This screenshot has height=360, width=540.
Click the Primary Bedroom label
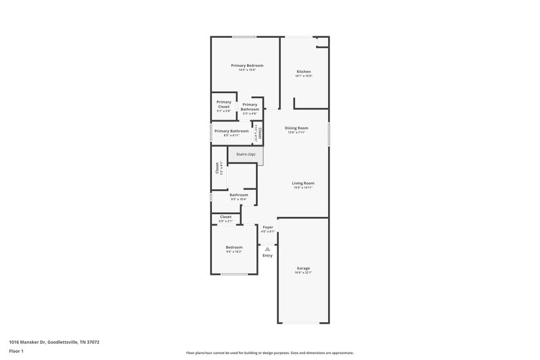pyautogui.click(x=246, y=66)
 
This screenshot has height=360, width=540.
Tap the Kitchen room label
pyautogui.click(x=304, y=72)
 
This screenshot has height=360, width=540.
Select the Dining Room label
pyautogui.click(x=296, y=128)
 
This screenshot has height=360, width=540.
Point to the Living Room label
pyautogui.click(x=303, y=183)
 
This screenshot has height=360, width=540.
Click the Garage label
pyautogui.click(x=303, y=268)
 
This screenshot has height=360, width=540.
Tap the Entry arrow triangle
pyautogui.click(x=267, y=249)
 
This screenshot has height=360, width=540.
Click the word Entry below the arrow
pyautogui.click(x=267, y=255)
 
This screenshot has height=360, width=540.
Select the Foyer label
pyautogui.click(x=268, y=228)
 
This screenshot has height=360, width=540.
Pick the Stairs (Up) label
pyautogui.click(x=245, y=155)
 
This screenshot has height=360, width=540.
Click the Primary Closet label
pyautogui.click(x=223, y=105)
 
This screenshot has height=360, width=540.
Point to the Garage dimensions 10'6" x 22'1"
pyautogui.click(x=303, y=273)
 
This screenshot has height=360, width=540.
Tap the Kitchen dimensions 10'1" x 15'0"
pyautogui.click(x=304, y=76)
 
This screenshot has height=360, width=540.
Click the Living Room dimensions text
pyautogui.click(x=303, y=188)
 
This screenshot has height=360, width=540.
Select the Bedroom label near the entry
pyautogui.click(x=234, y=247)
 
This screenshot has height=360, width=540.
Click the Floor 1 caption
pyautogui.click(x=16, y=351)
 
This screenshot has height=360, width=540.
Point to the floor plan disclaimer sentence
pyautogui.click(x=269, y=353)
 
